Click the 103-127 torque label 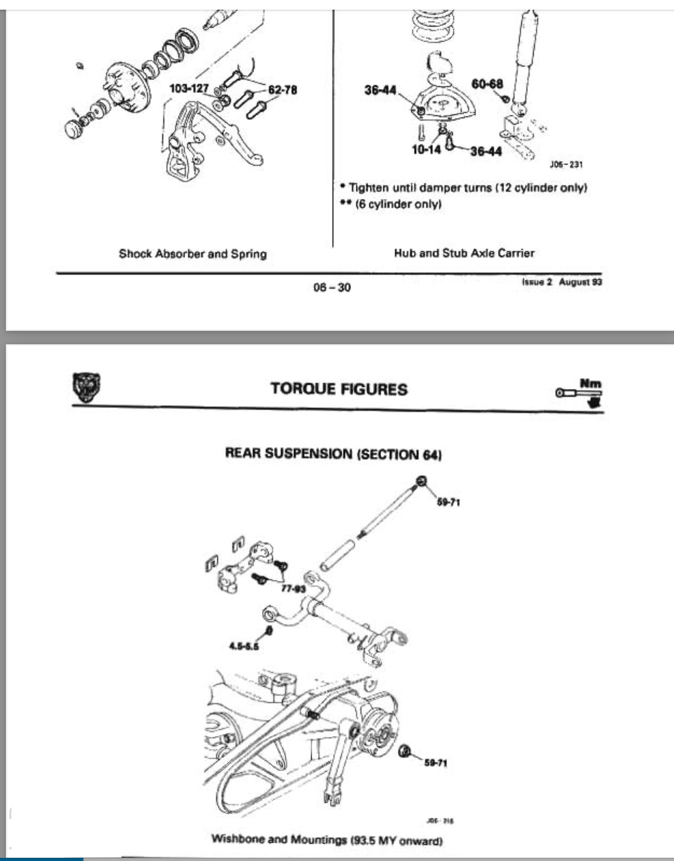(x=189, y=88)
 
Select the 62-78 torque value (x=282, y=90)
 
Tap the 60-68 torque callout (x=487, y=84)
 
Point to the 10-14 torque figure (x=426, y=150)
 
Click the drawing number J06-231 (x=566, y=164)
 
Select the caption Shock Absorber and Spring (x=193, y=254)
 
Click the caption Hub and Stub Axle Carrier (x=464, y=253)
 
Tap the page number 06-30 (x=332, y=287)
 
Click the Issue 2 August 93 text (x=561, y=282)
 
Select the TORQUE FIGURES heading (x=339, y=389)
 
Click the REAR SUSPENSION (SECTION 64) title (x=333, y=454)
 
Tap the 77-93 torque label (x=293, y=588)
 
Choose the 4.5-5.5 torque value (x=244, y=646)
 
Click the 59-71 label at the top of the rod (x=448, y=502)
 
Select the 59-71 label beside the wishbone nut (x=436, y=763)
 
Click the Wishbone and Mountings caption (x=327, y=839)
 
